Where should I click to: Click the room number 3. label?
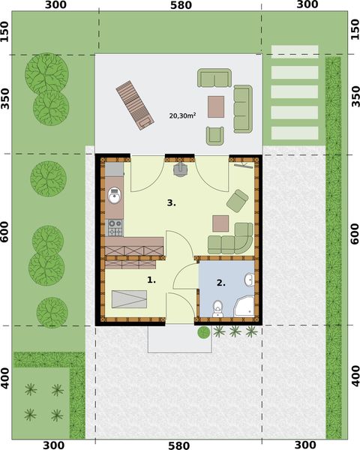tap(171, 202)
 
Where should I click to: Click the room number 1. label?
tap(151, 280)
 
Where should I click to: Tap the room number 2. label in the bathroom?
tap(220, 283)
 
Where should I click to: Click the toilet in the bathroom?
tap(217, 307)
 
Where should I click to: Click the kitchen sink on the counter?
tap(114, 196)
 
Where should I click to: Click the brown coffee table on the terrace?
tap(217, 106)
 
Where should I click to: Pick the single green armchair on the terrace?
tap(215, 135)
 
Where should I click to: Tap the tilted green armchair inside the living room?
tap(237, 200)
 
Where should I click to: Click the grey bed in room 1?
tap(130, 299)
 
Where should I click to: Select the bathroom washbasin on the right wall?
tap(250, 280)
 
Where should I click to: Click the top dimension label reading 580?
tap(181, 5)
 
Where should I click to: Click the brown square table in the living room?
tap(220, 223)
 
